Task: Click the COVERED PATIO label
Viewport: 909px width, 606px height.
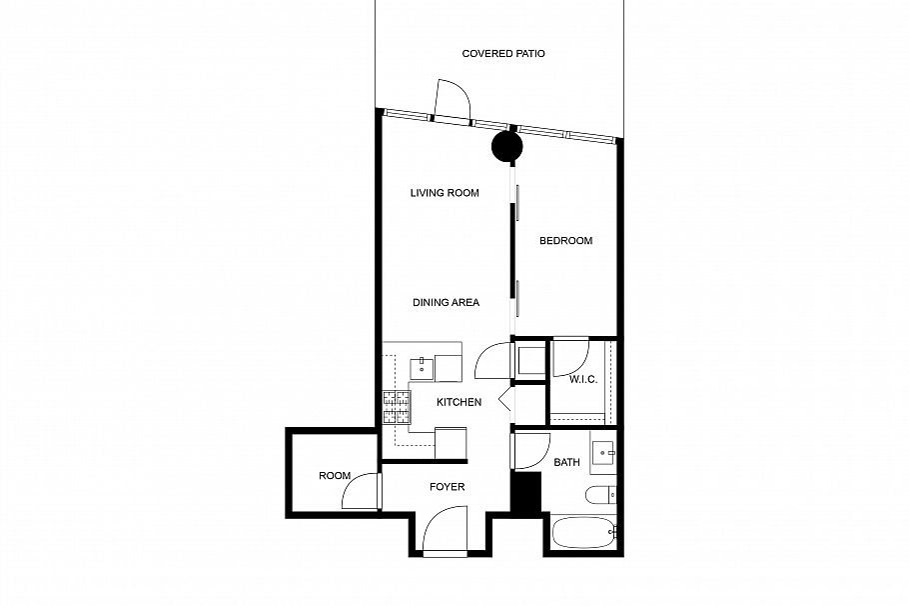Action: [503, 53]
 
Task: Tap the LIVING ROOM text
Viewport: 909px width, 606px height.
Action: [445, 193]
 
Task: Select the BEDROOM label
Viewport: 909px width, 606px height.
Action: [565, 241]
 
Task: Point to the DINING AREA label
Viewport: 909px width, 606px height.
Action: [447, 302]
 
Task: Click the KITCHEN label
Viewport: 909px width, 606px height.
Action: [458, 402]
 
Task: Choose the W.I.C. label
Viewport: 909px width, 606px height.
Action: [583, 380]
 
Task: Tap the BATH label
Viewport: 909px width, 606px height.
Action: [566, 462]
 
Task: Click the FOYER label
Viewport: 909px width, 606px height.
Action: [447, 487]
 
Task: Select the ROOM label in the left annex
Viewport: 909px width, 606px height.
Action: [334, 476]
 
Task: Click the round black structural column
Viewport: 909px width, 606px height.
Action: [507, 148]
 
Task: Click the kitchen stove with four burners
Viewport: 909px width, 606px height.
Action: [397, 404]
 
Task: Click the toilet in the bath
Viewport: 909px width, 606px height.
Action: [599, 495]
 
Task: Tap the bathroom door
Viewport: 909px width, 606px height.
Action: [530, 450]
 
